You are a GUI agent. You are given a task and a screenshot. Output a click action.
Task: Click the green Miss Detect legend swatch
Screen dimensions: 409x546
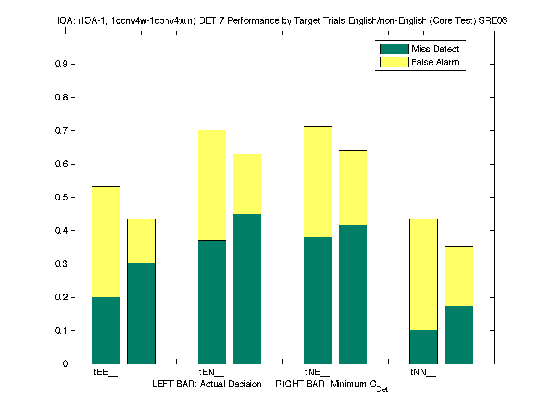tap(391, 49)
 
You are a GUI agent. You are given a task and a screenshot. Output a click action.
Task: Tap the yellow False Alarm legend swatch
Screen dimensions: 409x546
tap(391, 62)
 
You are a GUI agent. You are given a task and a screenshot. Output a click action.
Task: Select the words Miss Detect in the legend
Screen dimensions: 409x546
tap(435, 49)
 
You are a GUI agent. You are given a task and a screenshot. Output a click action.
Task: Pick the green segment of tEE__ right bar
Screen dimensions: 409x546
tap(141, 313)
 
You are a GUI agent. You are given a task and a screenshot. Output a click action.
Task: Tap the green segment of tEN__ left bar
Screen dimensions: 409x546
tap(212, 302)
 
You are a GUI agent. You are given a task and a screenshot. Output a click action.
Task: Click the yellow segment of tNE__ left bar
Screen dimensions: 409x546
tap(318, 182)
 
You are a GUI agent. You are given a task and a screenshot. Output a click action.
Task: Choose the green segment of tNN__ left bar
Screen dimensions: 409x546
tap(423, 347)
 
